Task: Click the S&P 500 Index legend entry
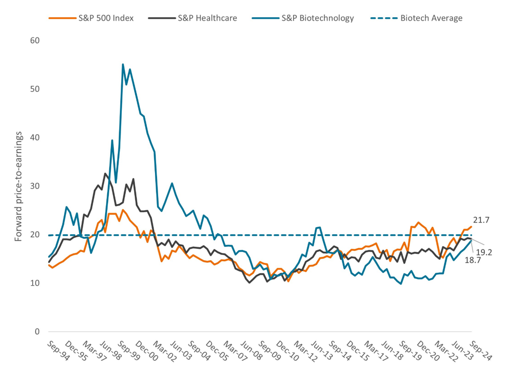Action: click(91, 18)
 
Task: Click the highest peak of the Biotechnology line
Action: click(123, 65)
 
